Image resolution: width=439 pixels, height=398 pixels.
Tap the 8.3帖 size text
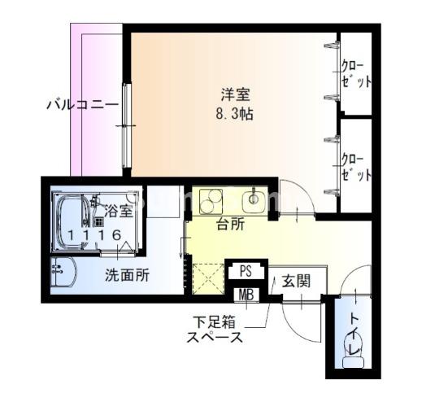[233, 114]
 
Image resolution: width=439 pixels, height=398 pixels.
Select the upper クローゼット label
[355, 73]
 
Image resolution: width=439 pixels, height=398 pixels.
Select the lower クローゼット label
[355, 164]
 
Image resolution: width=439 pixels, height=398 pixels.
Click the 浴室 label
[119, 212]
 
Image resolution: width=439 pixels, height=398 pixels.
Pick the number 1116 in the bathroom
[96, 234]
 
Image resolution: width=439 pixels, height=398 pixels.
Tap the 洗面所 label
[127, 275]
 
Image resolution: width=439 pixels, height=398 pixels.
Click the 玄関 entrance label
[296, 282]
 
